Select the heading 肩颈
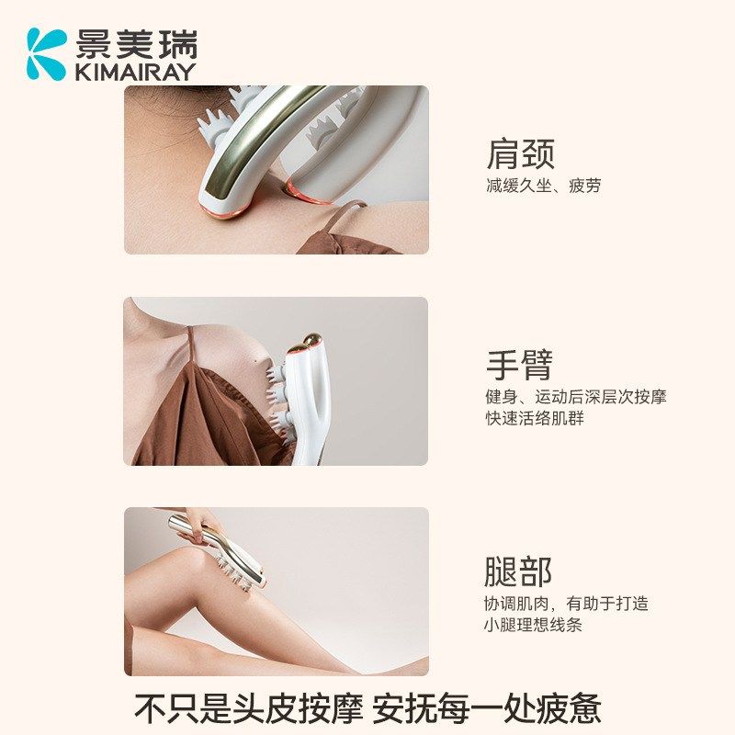point(520,154)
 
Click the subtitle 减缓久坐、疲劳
point(543,186)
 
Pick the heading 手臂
point(520,366)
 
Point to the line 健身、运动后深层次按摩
point(576,397)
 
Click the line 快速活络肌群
point(535,419)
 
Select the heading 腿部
point(518,571)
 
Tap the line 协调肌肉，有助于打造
point(566,604)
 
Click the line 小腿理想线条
point(533,625)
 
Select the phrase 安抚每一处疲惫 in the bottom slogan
point(487,707)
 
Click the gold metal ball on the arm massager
point(308,344)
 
